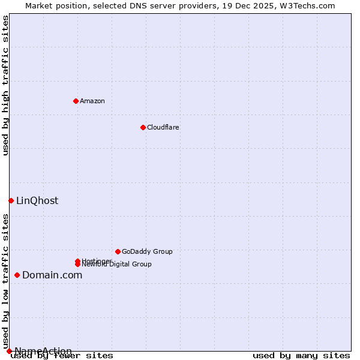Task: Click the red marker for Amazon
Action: pyautogui.click(x=76, y=101)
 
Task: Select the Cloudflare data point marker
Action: pyautogui.click(x=143, y=127)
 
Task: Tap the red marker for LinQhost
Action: pyautogui.click(x=11, y=200)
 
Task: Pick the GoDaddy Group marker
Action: pyautogui.click(x=118, y=251)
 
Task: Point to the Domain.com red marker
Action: pyautogui.click(x=17, y=275)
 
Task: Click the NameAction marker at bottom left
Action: pyautogui.click(x=9, y=351)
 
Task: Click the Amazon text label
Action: pyautogui.click(x=92, y=101)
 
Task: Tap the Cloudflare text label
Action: pyautogui.click(x=163, y=127)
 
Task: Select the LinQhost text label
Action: pyautogui.click(x=37, y=200)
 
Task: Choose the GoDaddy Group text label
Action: pyautogui.click(x=147, y=251)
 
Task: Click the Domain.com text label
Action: pyautogui.click(x=52, y=275)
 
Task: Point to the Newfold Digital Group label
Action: pyautogui.click(x=118, y=265)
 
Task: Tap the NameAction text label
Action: pyautogui.click(x=43, y=351)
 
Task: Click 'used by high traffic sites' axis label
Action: pyautogui.click(x=6, y=85)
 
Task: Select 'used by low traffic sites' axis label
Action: pyautogui.click(x=6, y=276)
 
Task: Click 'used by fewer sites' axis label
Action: pyautogui.click(x=62, y=355)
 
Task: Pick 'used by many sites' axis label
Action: pyautogui.click(x=301, y=355)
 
